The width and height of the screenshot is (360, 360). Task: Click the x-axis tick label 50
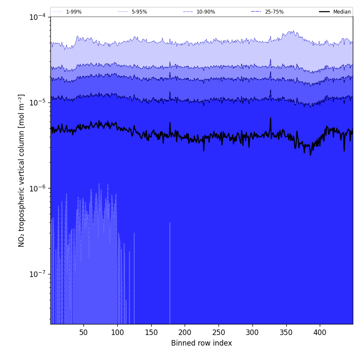tap(83, 332)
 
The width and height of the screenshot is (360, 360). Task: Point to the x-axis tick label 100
tap(117, 332)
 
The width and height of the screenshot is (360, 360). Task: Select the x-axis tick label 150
tap(151, 332)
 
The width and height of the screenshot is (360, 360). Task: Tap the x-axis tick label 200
tap(185, 332)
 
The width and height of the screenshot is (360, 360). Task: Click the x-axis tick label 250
tap(219, 332)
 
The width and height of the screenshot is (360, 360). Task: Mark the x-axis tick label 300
tap(252, 332)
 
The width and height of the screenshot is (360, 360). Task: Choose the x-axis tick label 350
tap(286, 332)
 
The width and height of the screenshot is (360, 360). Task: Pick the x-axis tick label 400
tap(320, 332)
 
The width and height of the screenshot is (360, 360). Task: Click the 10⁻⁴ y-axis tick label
tap(38, 17)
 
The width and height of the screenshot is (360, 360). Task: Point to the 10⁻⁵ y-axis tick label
tap(38, 102)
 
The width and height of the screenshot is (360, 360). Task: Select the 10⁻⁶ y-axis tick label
tap(38, 188)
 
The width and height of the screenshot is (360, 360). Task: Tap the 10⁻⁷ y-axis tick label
tap(38, 274)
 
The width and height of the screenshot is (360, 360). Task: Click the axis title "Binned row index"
tap(202, 343)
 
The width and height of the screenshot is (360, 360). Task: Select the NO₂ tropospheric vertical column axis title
tap(22, 170)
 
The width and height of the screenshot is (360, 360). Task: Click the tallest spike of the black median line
tap(270, 118)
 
